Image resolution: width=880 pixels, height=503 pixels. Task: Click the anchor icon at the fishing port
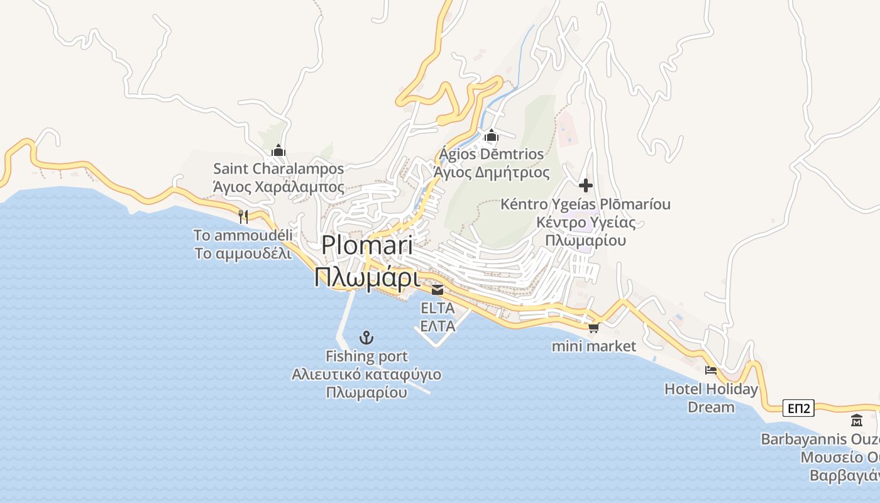(366, 338)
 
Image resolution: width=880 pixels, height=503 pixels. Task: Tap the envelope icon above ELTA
(437, 290)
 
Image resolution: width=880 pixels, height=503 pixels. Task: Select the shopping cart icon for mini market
(593, 328)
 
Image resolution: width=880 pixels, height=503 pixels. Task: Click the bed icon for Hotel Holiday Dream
(711, 370)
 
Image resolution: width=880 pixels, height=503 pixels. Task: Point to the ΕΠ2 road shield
(798, 409)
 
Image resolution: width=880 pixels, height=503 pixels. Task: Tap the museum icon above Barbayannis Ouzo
(856, 420)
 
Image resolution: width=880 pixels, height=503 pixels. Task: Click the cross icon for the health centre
(586, 185)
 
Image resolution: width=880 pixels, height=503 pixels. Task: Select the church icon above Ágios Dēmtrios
(492, 135)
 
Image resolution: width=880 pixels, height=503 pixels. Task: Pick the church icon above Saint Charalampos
(278, 150)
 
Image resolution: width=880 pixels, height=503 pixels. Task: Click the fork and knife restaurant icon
(243, 217)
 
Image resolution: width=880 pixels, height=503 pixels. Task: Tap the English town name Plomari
(367, 245)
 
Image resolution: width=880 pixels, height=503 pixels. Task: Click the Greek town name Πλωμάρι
(367, 277)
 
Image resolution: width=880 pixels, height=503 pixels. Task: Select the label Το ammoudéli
(243, 236)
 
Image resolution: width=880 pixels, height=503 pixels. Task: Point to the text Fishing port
(366, 357)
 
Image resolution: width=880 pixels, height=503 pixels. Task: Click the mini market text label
(594, 346)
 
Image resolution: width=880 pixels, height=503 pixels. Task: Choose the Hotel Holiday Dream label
(711, 398)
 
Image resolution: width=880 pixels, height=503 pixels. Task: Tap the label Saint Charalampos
(278, 169)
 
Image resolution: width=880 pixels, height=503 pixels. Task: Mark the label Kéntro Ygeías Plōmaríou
(586, 204)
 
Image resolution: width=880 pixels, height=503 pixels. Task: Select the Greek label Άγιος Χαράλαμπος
(278, 187)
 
